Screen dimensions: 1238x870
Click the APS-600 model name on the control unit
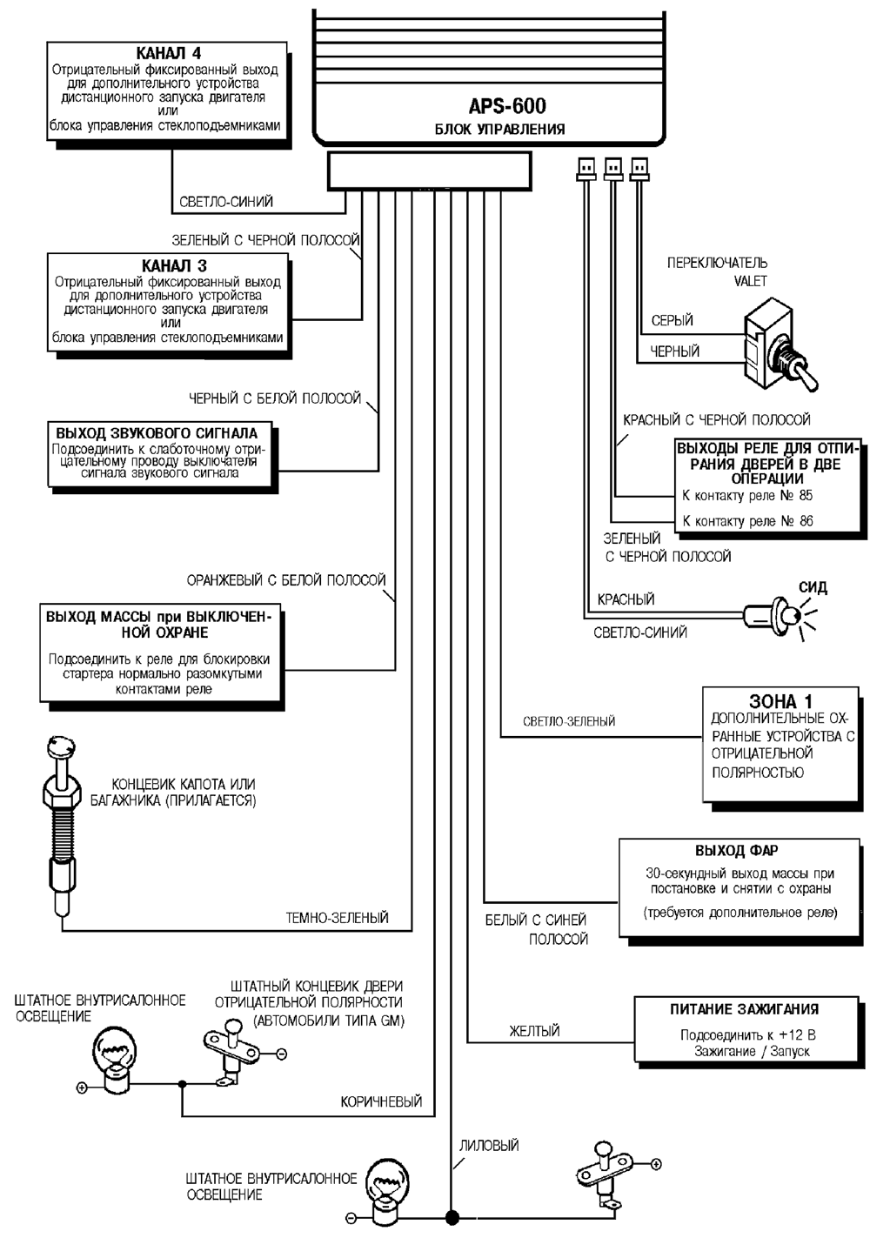pos(507,107)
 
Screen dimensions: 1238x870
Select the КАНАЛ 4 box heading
pos(170,53)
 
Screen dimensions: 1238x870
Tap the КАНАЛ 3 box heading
pos(174,266)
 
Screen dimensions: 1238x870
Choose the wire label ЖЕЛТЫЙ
pos(534,1032)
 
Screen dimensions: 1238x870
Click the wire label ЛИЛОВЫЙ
pos(489,1146)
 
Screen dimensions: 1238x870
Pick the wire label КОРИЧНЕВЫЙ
pos(381,1102)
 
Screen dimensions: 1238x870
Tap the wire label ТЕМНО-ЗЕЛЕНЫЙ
pos(338,918)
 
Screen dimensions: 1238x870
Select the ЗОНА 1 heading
pos(780,701)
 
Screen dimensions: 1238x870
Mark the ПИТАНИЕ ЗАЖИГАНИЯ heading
pos(744,1009)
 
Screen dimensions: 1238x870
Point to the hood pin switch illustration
pos(61,826)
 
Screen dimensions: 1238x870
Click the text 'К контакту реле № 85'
pos(747,496)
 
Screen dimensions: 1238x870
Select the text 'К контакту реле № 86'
pos(747,521)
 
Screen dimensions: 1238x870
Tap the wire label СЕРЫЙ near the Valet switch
pos(673,321)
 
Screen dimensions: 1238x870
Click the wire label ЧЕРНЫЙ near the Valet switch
pos(675,352)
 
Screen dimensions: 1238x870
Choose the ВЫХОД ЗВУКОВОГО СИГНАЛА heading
pos(157,432)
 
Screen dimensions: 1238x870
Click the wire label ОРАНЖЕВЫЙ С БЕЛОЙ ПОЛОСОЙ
pos(286,580)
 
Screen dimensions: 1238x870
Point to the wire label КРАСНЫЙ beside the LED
pos(626,599)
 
